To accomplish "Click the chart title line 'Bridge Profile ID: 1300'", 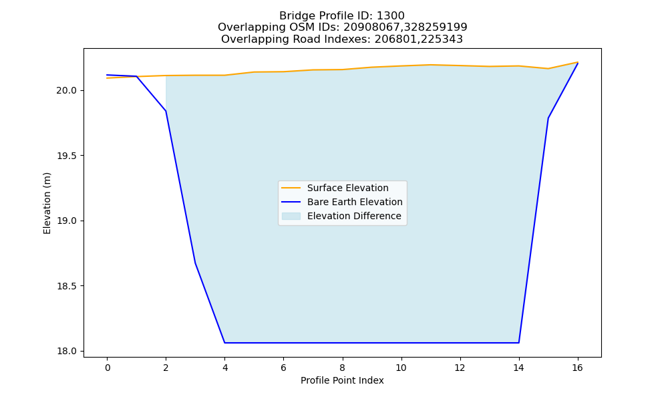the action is coord(341,16).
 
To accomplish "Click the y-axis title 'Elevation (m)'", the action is coord(47,203).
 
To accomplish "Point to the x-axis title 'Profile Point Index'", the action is coord(342,380).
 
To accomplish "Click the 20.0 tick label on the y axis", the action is coord(67,91).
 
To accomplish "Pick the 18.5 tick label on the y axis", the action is coord(67,286).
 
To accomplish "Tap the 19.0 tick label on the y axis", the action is coord(67,221).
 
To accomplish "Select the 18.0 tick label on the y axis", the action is coord(67,352).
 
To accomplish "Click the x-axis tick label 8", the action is coord(342,368).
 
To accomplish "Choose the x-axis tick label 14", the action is coord(518,368).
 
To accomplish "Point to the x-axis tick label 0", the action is coord(108,368).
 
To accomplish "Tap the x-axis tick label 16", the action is coord(577,368).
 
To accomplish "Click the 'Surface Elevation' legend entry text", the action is coord(347,188).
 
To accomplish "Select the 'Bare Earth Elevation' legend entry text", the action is coord(355,202).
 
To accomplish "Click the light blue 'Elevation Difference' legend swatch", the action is coord(291,216).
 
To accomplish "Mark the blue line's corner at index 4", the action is coord(224,343).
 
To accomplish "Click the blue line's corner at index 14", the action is coord(518,343).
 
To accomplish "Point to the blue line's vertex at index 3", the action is coord(195,263).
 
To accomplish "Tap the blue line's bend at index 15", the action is coord(548,118).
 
